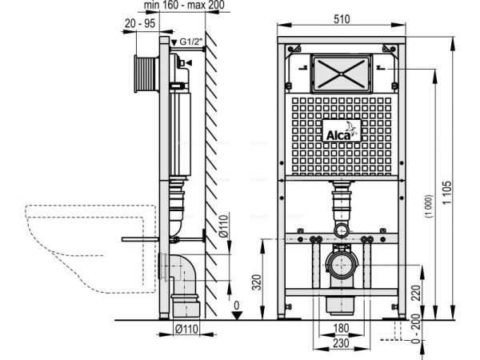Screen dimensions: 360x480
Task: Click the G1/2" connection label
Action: tap(190, 41)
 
